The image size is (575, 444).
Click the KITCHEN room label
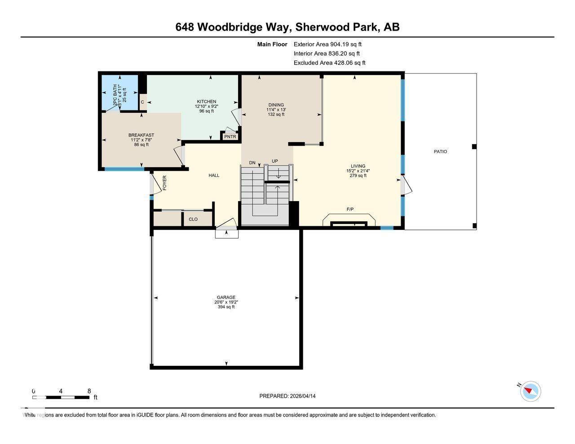click(206, 101)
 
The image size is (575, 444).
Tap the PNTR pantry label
click(230, 137)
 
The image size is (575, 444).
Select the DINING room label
click(275, 105)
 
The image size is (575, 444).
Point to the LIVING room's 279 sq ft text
click(358, 176)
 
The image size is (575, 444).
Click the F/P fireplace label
click(350, 209)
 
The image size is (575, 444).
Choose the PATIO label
click(440, 152)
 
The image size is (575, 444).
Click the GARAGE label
click(226, 297)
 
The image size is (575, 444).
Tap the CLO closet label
click(193, 220)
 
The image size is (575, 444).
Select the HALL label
click(214, 176)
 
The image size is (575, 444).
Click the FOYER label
click(164, 183)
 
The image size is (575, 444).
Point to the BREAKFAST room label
click(141, 135)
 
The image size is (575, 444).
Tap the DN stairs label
click(252, 163)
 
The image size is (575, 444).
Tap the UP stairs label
click(274, 161)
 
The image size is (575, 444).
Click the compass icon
click(531, 391)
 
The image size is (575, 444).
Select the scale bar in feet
click(61, 397)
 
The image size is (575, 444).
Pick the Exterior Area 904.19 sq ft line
click(327, 44)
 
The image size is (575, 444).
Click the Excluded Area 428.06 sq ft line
click(329, 63)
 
